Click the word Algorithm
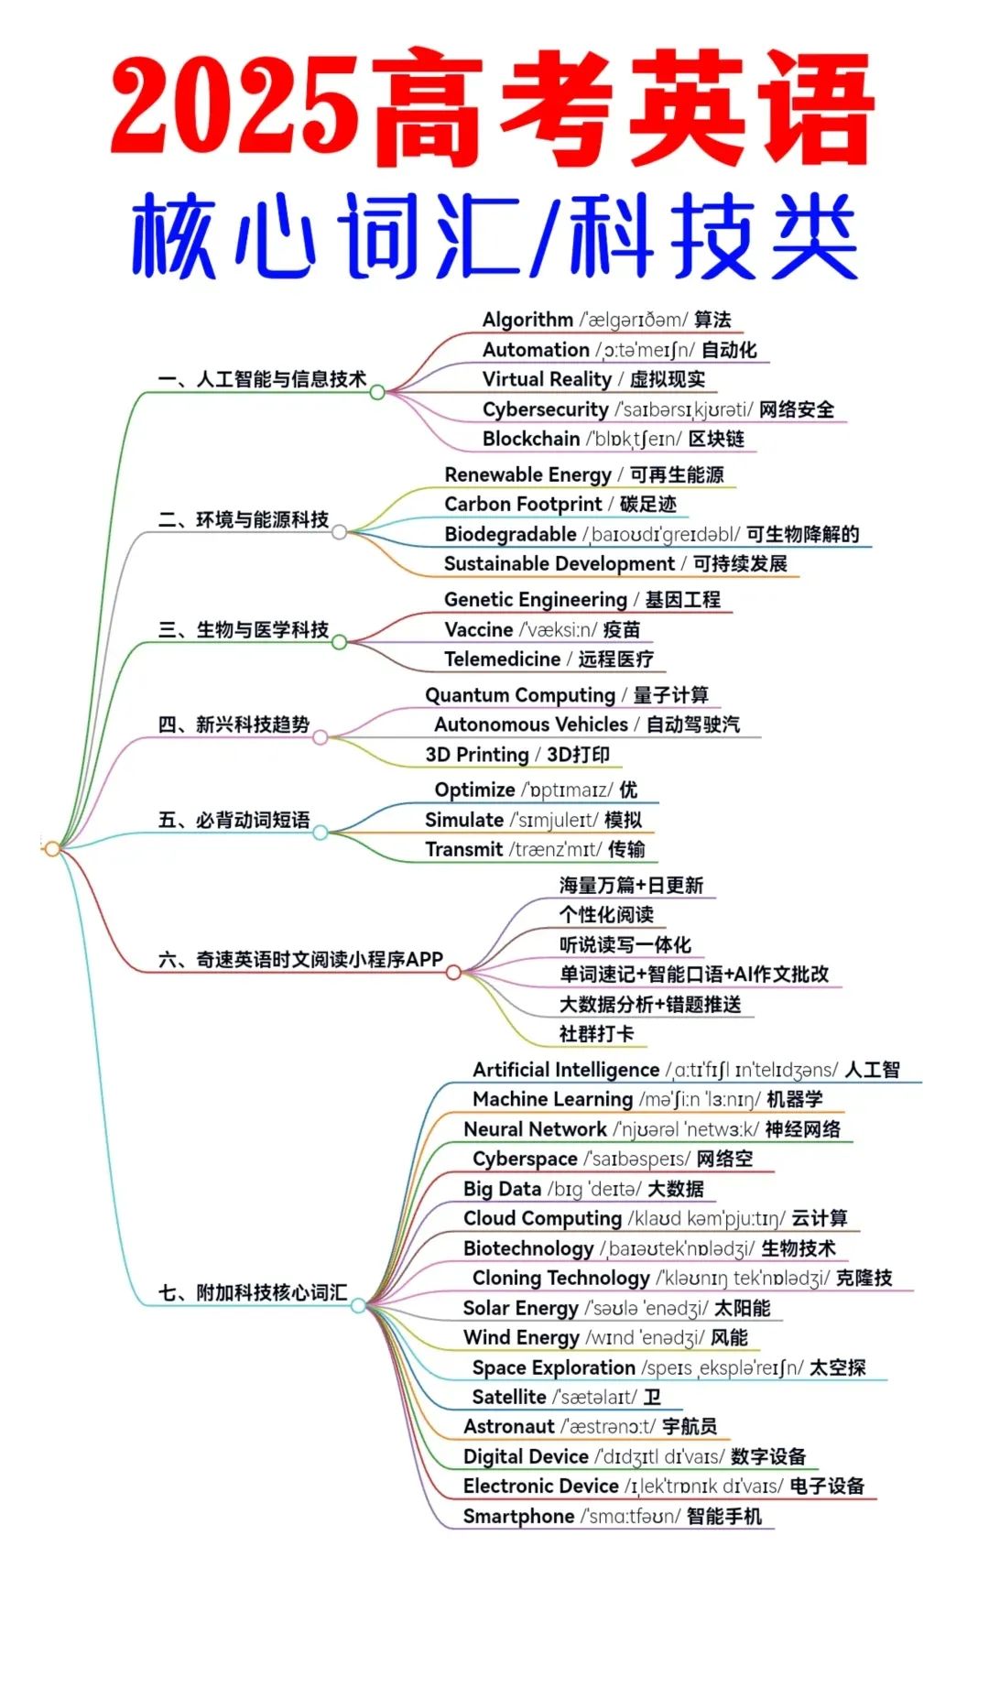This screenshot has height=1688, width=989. pyautogui.click(x=527, y=320)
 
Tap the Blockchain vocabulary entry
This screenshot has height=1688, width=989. pyautogui.click(x=531, y=439)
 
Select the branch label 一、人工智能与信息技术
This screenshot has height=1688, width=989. pyautogui.click(x=262, y=379)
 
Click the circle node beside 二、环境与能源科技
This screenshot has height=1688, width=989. pyautogui.click(x=339, y=532)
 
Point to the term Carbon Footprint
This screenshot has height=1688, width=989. pyautogui.click(x=523, y=504)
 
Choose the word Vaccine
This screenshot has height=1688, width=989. pyautogui.click(x=478, y=629)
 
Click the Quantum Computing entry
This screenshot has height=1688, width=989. pyautogui.click(x=519, y=695)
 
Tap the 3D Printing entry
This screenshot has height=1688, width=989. pyautogui.click(x=477, y=755)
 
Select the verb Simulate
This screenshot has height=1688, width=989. pyautogui.click(x=463, y=820)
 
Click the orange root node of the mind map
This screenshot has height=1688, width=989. pyautogui.click(x=52, y=849)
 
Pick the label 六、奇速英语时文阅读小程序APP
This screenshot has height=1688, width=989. pyautogui.click(x=300, y=959)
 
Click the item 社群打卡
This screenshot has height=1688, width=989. pyautogui.click(x=596, y=1034)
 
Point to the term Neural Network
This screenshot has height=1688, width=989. pyautogui.click(x=535, y=1129)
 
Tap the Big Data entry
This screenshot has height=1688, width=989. pyautogui.click(x=502, y=1189)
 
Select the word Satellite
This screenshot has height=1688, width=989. pyautogui.click(x=509, y=1397)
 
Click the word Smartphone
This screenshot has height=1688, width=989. pyautogui.click(x=518, y=1516)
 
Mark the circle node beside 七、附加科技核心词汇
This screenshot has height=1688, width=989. pyautogui.click(x=358, y=1305)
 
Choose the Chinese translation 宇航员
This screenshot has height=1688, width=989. pyautogui.click(x=690, y=1426)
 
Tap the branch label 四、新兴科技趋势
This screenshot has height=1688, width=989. pyautogui.click(x=234, y=724)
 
